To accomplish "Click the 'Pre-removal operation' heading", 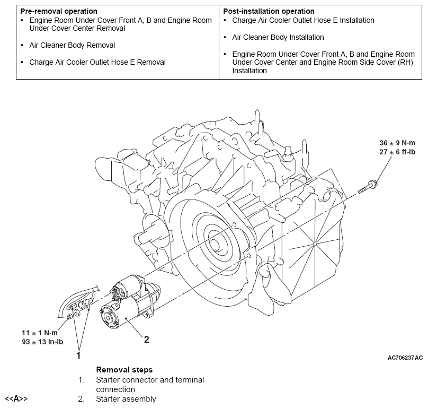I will [x=59, y=11].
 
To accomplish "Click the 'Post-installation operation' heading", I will [x=269, y=11].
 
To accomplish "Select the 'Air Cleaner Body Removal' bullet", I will [x=72, y=45].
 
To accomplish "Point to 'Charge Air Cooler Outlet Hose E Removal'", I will [x=97, y=62].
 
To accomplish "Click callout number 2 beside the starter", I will [x=147, y=340].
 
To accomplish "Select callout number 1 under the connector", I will [x=79, y=354].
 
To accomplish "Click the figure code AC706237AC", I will [x=405, y=358].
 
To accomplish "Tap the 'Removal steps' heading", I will [x=124, y=369].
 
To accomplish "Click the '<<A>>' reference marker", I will [x=16, y=399].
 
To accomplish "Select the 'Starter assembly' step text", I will [x=126, y=399].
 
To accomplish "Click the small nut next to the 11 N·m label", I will [x=69, y=317].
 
